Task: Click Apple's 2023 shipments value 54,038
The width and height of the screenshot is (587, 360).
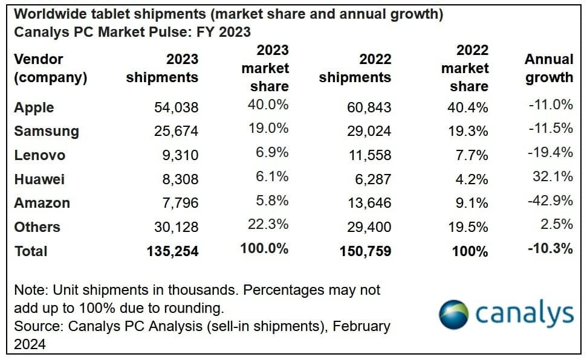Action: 176,108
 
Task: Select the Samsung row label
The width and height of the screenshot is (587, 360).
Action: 47,131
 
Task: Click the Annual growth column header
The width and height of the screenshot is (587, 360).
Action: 548,68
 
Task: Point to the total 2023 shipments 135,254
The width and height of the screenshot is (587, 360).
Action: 172,251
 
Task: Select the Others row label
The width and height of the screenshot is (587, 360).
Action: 37,227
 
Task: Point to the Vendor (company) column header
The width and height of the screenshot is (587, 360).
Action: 51,68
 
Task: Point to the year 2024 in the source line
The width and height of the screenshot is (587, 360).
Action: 30,344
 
